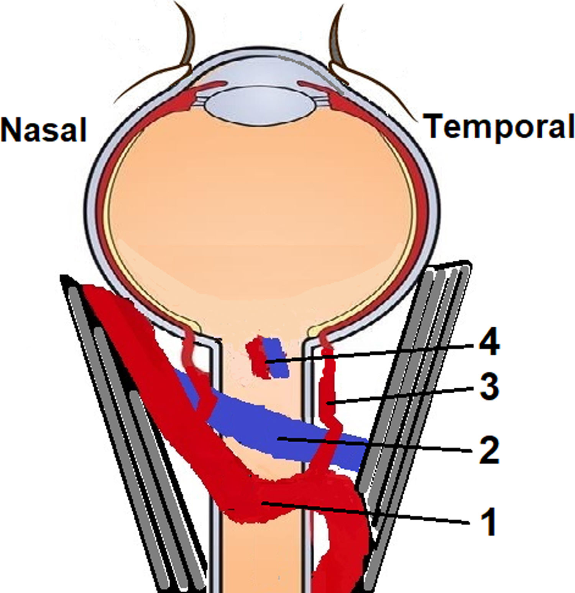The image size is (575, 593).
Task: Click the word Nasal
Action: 43,130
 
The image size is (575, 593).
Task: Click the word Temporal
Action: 499,126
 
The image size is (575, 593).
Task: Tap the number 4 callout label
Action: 489,342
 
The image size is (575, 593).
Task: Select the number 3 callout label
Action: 489,387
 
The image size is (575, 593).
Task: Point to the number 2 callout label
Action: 489,450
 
